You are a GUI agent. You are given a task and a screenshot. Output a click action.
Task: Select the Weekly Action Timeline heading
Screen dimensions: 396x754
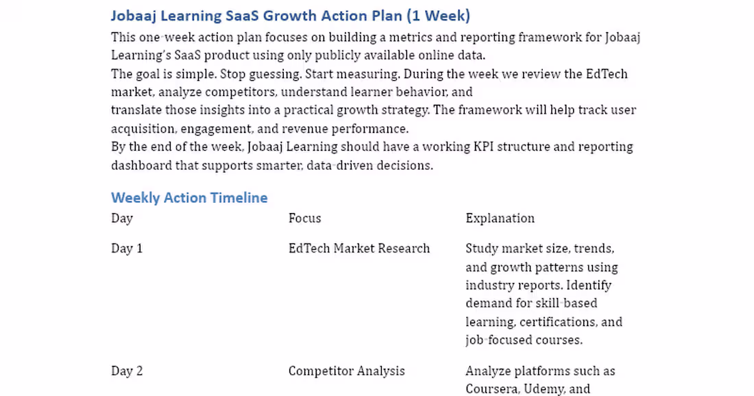click(189, 198)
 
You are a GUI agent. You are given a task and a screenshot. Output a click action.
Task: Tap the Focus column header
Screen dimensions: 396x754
click(304, 219)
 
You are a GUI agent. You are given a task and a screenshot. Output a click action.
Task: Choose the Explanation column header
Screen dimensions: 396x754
click(500, 219)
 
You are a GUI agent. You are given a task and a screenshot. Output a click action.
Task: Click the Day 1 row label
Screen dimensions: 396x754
click(127, 249)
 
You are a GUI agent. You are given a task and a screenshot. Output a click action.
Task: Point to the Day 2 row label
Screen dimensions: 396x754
click(127, 371)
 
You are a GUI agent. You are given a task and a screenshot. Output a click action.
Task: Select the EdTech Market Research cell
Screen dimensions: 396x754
click(359, 249)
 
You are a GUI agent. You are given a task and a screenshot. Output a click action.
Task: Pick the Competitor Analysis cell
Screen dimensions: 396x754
click(346, 371)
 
